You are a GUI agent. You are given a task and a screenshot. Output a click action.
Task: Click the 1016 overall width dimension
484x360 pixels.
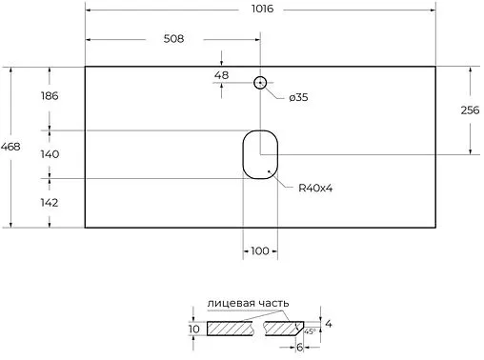(x=262, y=9)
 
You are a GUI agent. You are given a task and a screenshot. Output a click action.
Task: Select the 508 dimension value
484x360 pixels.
(x=172, y=39)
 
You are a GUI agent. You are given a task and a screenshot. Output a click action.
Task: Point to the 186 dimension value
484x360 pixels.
(x=50, y=95)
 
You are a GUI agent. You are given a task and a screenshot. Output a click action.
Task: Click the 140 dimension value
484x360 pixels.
(x=50, y=152)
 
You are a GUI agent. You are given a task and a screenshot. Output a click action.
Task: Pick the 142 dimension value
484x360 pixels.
(x=50, y=202)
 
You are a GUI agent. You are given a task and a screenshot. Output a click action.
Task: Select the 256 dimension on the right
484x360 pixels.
(x=469, y=110)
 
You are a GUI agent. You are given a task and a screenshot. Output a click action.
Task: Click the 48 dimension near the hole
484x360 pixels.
(x=221, y=75)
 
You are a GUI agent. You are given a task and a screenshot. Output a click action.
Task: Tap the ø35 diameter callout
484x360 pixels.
(x=296, y=97)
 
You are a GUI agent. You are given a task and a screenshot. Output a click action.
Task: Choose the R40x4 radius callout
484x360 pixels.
(x=314, y=188)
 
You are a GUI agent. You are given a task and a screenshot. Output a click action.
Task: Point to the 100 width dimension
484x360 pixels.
(x=259, y=250)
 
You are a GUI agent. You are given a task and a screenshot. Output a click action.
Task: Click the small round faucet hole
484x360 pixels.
(x=259, y=83)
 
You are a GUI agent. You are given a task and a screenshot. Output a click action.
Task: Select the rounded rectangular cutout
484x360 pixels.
(x=258, y=153)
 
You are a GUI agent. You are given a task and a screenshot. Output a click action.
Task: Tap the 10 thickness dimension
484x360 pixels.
(x=194, y=330)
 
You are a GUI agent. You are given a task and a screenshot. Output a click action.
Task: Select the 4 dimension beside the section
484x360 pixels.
(x=330, y=323)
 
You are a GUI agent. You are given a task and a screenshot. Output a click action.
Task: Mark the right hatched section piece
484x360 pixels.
(x=286, y=330)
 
